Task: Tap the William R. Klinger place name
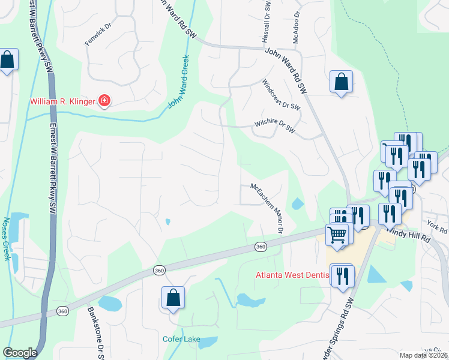coord(62,101)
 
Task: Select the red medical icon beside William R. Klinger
coord(104,100)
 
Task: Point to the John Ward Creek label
coord(178,82)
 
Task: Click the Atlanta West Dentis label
coord(294,275)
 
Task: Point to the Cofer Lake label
coord(181,339)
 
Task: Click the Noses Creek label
coord(8,238)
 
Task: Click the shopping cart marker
coord(337,235)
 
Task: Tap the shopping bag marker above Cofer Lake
coord(173,297)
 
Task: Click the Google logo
coord(20,353)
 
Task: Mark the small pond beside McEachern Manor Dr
coord(297,204)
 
